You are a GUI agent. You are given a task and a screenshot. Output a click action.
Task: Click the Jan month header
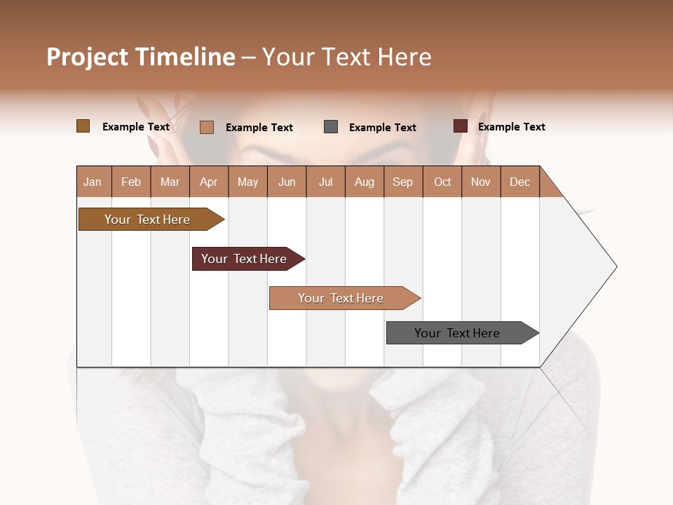[93, 182]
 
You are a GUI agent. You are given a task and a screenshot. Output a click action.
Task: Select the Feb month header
[131, 182]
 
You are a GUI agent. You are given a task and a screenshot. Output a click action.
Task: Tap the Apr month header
[208, 182]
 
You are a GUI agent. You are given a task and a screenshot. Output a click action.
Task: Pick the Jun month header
[287, 182]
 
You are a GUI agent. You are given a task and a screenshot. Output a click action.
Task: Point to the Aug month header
[364, 182]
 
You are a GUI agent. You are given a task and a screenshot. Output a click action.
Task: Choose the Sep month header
[402, 182]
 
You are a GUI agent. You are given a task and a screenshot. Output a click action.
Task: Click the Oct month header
[442, 182]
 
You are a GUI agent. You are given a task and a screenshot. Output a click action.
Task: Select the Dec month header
[519, 182]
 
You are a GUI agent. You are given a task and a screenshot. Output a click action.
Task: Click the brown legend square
[83, 126]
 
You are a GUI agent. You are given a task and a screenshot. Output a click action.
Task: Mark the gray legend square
[331, 127]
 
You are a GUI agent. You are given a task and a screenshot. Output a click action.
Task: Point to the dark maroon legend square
[461, 126]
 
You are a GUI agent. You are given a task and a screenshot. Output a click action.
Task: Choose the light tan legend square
[207, 127]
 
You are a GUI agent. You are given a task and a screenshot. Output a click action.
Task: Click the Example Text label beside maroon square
[511, 127]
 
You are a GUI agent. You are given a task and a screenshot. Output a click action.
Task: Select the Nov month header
[481, 182]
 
